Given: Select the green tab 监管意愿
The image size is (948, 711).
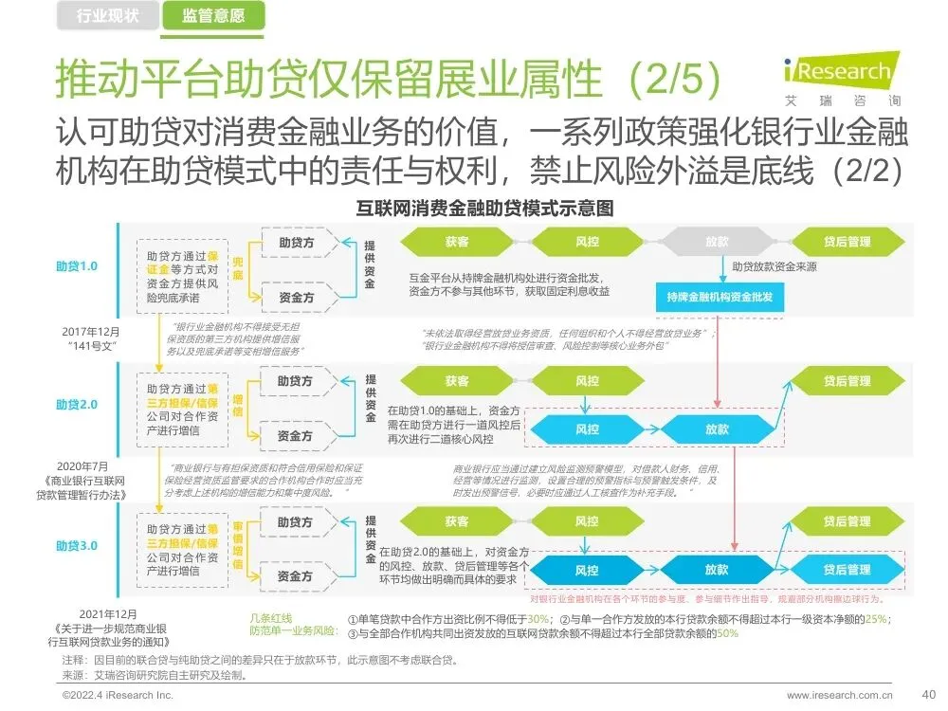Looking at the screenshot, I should tap(212, 15).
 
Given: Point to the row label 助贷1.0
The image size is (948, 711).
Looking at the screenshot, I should tap(76, 266).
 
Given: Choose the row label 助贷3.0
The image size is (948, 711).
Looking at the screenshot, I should tap(76, 545).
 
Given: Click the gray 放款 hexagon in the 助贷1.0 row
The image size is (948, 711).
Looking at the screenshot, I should tap(717, 242).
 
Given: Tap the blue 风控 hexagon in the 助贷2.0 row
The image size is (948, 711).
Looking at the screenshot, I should tap(587, 428).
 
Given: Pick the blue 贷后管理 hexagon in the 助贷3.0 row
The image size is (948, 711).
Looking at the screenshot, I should tap(846, 570).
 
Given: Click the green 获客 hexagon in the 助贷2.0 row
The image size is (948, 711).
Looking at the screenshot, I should tap(456, 381).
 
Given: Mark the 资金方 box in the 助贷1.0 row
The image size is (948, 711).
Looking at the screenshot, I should tap(296, 297).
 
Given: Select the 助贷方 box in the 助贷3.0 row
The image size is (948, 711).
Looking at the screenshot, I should tap(296, 521).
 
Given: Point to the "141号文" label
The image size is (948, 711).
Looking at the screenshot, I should tap(92, 347).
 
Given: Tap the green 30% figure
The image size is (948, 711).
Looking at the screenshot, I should tap(539, 619).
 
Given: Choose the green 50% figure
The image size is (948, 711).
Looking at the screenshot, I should tap(728, 633).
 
